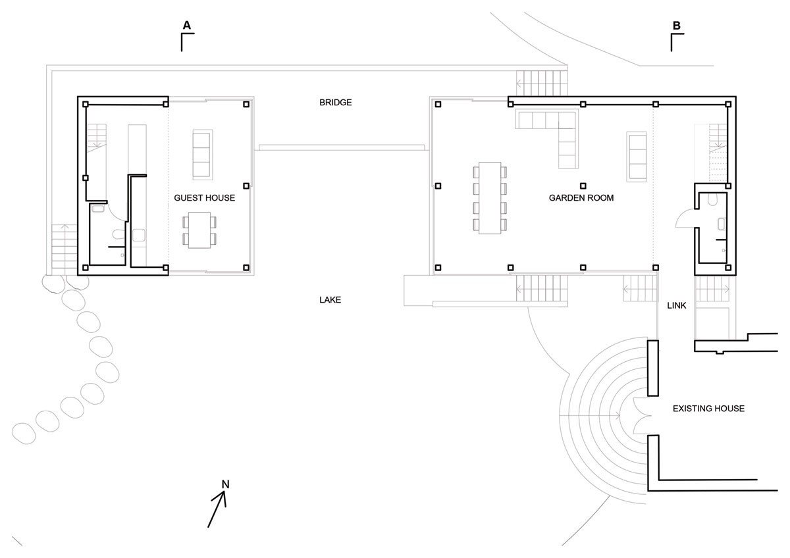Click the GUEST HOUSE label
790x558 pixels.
205,198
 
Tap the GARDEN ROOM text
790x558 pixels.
581,198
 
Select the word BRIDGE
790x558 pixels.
335,103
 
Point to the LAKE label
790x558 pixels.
330,300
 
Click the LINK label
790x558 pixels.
677,305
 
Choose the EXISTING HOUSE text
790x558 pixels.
708,409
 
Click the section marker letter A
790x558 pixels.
186,26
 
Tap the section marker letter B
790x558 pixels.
677,26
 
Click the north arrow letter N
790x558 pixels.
225,484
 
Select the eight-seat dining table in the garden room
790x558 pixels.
490,198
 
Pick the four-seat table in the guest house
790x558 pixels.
199,230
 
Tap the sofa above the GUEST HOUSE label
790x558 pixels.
203,155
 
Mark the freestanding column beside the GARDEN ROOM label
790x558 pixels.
583,186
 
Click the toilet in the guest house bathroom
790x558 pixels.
118,234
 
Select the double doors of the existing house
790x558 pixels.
643,416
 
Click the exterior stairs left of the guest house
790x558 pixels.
65,249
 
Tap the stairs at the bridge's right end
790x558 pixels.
542,84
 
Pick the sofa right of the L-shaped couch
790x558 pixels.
637,157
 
